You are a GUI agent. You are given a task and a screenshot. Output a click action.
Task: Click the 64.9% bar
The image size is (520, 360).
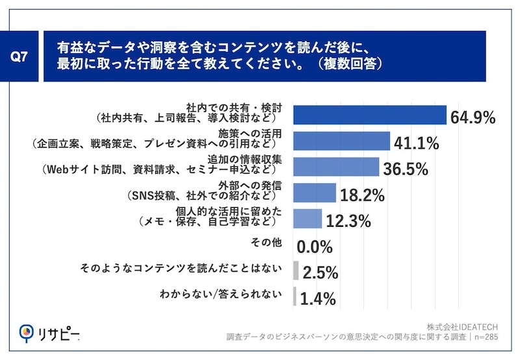(x=370, y=114)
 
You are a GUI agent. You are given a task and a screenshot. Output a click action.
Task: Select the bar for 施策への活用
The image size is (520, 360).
(x=342, y=140)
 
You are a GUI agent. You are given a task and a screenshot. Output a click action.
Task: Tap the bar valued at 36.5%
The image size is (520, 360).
(x=336, y=167)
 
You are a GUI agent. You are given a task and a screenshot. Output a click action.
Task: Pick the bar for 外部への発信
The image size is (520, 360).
(x=315, y=192)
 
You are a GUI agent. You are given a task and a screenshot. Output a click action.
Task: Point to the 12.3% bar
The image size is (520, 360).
(x=307, y=218)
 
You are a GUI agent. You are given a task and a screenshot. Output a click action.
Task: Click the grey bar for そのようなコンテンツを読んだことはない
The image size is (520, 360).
(x=296, y=270)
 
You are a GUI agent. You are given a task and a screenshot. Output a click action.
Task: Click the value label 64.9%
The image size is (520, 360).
(x=473, y=118)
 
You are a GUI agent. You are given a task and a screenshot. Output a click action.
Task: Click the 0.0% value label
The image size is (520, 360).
(x=315, y=247)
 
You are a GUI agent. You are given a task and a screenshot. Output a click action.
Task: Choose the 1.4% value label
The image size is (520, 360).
(x=318, y=299)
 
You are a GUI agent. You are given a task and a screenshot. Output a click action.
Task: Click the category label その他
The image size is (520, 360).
(x=266, y=244)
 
